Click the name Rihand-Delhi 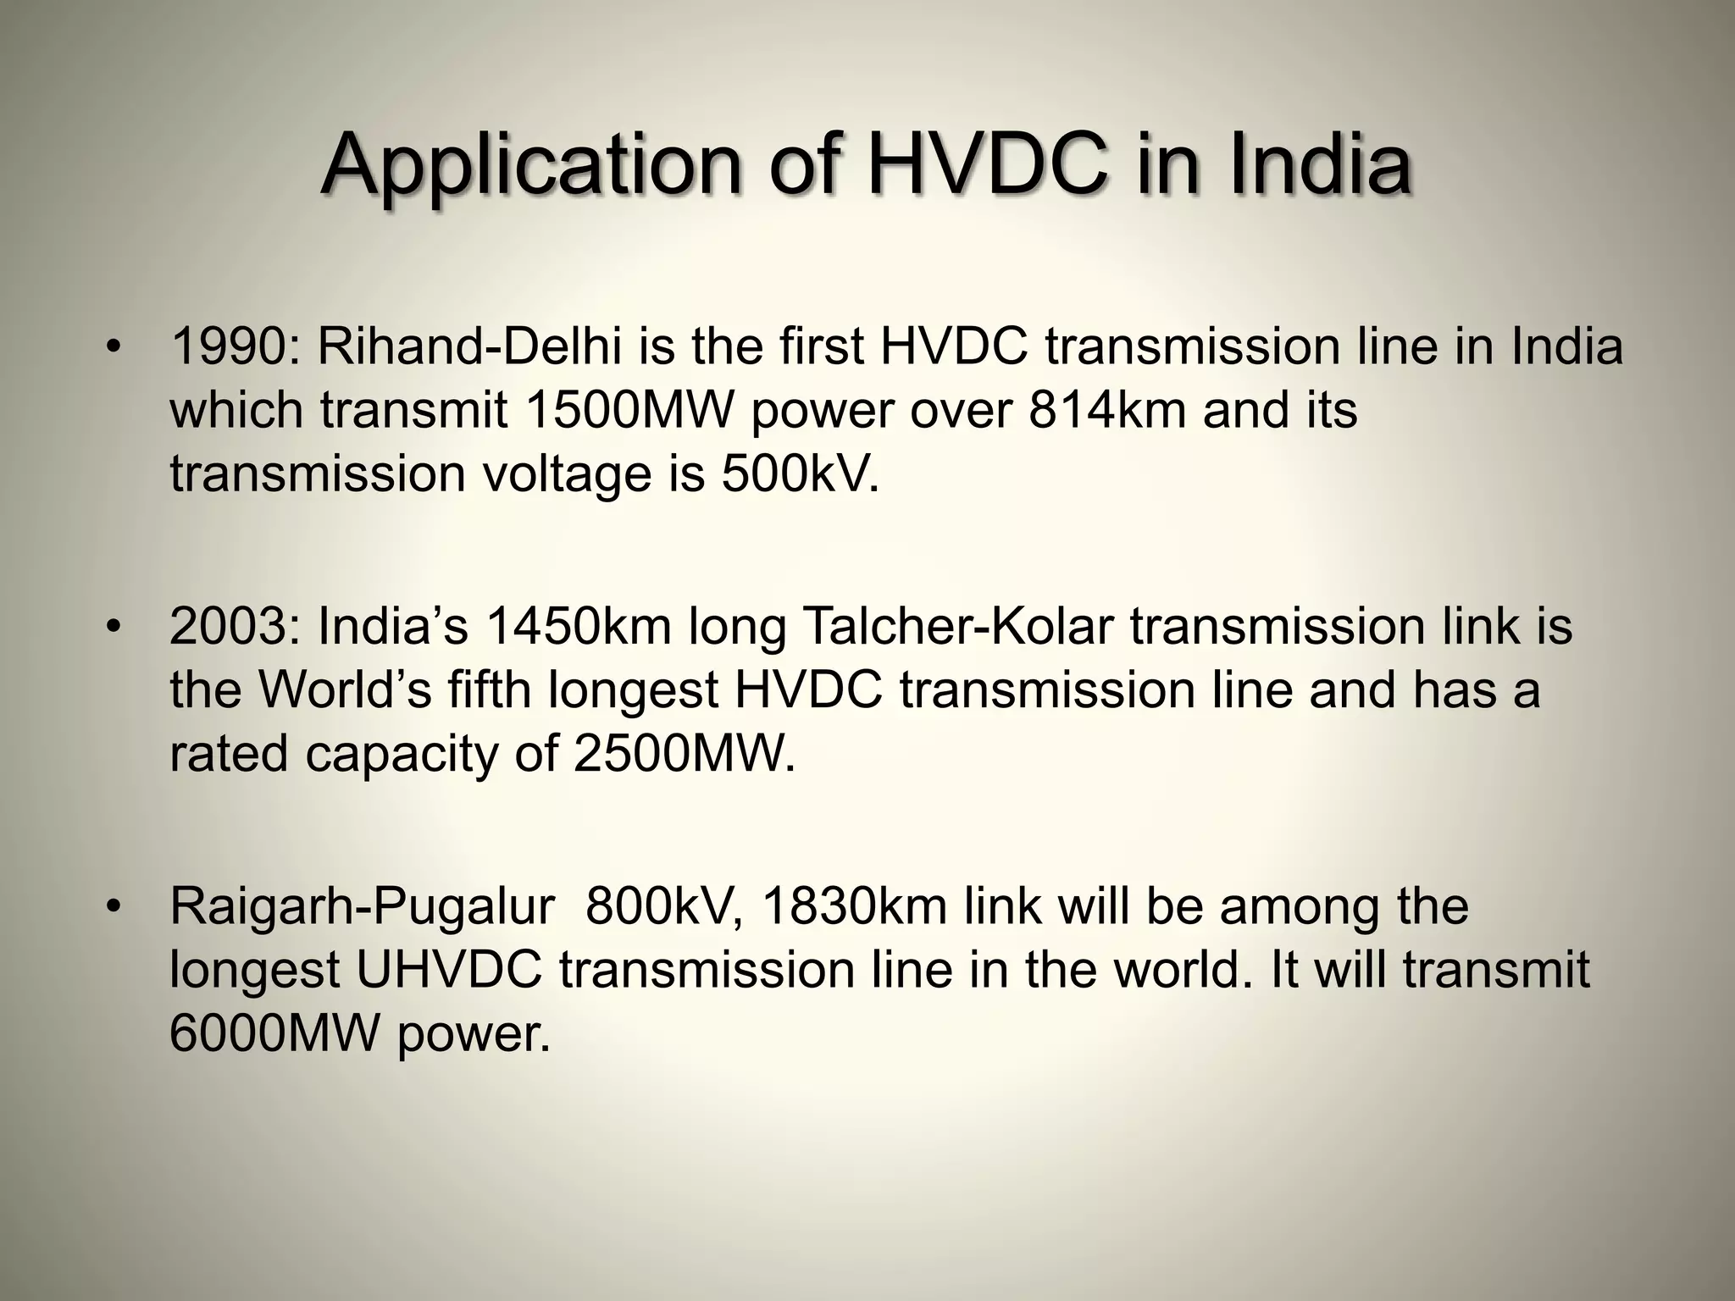(x=469, y=346)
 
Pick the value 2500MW (x=685, y=754)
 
